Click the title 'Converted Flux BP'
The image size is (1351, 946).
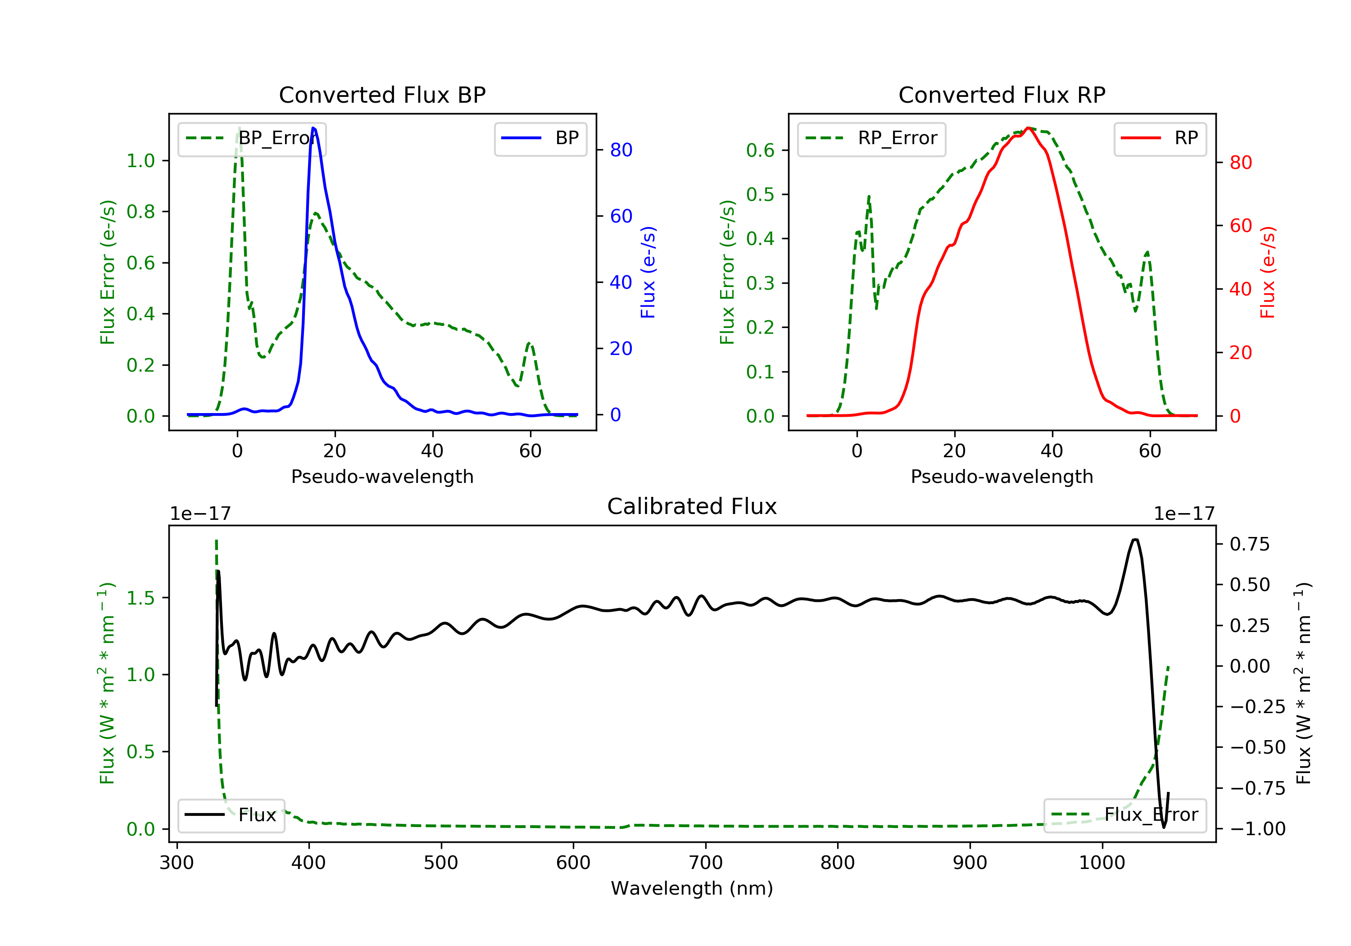pyautogui.click(x=382, y=95)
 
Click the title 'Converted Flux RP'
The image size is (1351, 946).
pyautogui.click(x=1002, y=95)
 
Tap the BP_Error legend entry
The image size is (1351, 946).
pyautogui.click(x=252, y=139)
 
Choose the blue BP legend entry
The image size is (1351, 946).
pyautogui.click(x=540, y=138)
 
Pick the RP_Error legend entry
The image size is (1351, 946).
pyautogui.click(x=871, y=139)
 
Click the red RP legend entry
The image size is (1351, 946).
pyautogui.click(x=1160, y=138)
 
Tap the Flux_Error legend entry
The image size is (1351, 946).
pyautogui.click(x=1124, y=815)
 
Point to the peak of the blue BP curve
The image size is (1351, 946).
pyautogui.click(x=313, y=128)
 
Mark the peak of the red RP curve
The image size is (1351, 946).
pyautogui.click(x=1028, y=128)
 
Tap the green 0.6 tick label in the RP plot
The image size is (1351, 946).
pyautogui.click(x=760, y=151)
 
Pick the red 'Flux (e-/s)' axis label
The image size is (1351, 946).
pyautogui.click(x=1267, y=273)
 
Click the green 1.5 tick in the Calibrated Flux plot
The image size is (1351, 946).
pyautogui.click(x=141, y=598)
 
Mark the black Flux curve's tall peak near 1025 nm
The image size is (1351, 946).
pyautogui.click(x=1135, y=540)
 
